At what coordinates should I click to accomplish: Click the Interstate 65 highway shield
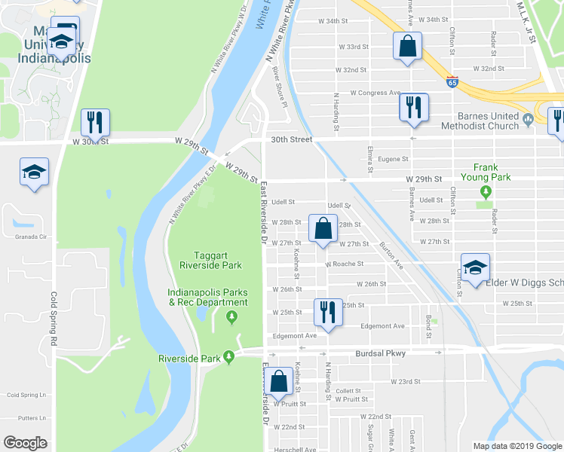tap(452, 81)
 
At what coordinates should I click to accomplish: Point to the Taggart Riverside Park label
tap(210, 260)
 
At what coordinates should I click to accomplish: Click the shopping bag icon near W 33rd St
tap(407, 46)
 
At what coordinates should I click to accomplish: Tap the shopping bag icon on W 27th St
tap(323, 229)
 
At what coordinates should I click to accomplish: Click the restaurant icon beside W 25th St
tap(327, 311)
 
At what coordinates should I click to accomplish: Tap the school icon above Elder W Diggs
tap(475, 268)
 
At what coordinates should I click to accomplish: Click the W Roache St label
tap(345, 264)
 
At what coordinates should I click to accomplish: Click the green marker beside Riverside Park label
tap(229, 358)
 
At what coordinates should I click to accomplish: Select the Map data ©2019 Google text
tap(517, 445)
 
